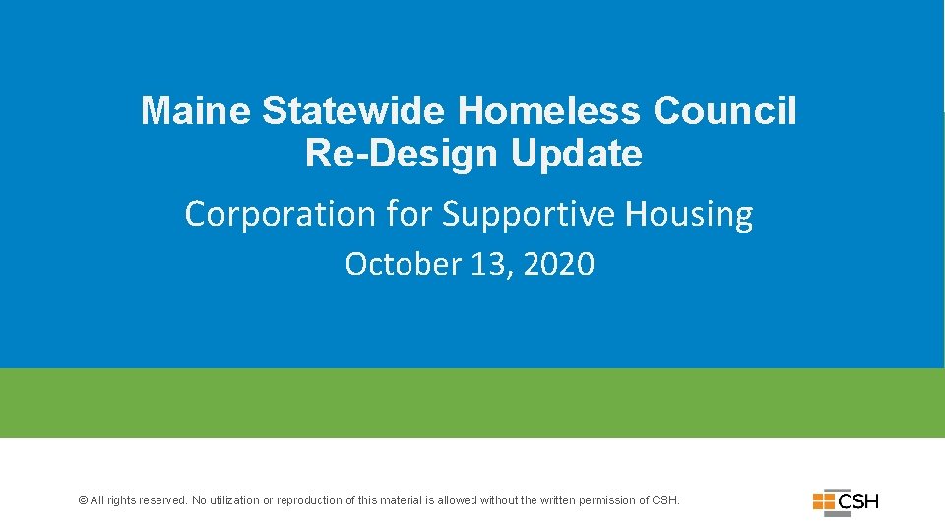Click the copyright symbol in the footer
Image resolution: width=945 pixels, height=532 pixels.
click(83, 500)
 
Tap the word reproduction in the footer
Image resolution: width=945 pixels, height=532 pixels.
click(308, 500)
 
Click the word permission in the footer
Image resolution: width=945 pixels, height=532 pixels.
click(607, 500)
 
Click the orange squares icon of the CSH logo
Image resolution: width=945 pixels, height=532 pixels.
click(824, 501)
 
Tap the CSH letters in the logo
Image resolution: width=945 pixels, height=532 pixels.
click(857, 501)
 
